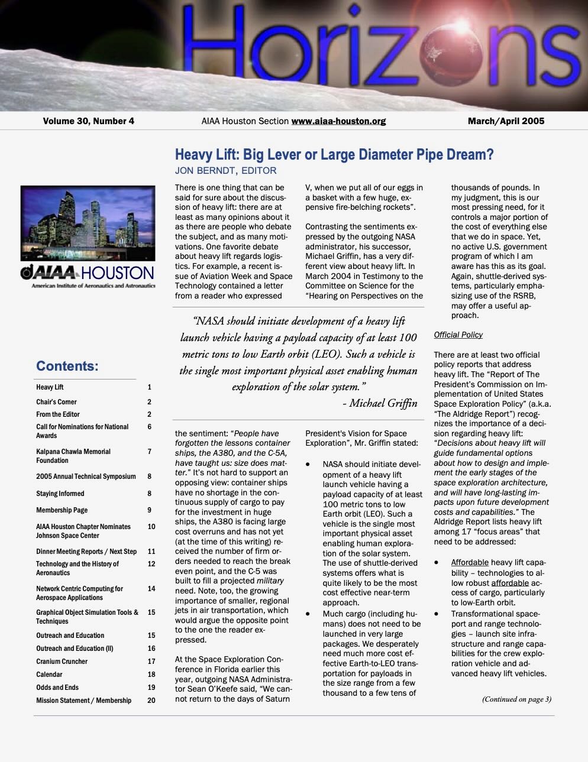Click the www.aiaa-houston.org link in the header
[x=338, y=121]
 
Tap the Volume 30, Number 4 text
[x=88, y=121]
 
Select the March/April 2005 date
[x=506, y=121]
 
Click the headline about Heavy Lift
[x=334, y=155]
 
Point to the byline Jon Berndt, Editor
[x=225, y=171]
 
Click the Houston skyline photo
[x=88, y=223]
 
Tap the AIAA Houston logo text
[x=88, y=273]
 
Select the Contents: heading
[x=67, y=366]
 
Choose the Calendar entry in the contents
[x=49, y=675]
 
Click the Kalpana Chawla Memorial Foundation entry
[x=73, y=456]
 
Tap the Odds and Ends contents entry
[x=57, y=688]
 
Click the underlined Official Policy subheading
[x=458, y=335]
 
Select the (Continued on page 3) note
[x=516, y=699]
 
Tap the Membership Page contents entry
[x=62, y=510]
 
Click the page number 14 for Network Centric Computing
[x=151, y=589]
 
